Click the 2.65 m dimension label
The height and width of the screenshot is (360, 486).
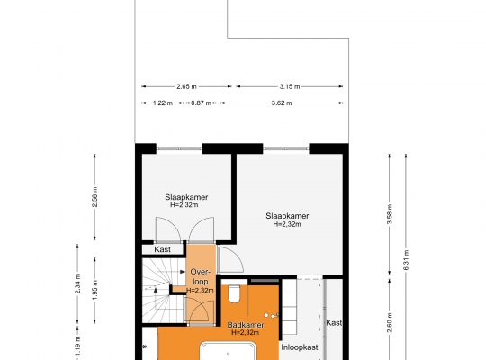pyautogui.click(x=186, y=86)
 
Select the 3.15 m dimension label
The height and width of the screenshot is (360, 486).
pyautogui.click(x=290, y=86)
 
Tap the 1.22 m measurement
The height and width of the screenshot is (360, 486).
pyautogui.click(x=163, y=103)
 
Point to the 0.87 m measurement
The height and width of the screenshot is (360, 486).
pyautogui.click(x=202, y=103)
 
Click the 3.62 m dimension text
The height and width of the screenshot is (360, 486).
pyautogui.click(x=282, y=103)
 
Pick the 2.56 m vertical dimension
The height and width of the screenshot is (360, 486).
pyautogui.click(x=94, y=197)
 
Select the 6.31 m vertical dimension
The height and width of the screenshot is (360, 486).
pyautogui.click(x=406, y=260)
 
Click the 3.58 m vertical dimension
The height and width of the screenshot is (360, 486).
pyautogui.click(x=390, y=214)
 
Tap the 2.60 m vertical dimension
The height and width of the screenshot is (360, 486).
pyautogui.click(x=390, y=322)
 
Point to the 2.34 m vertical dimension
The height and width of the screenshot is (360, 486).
pyautogui.click(x=77, y=283)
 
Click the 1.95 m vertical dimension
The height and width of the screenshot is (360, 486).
pyautogui.click(x=94, y=290)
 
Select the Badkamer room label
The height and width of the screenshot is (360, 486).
pyautogui.click(x=246, y=325)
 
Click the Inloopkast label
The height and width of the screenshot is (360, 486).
pyautogui.click(x=300, y=347)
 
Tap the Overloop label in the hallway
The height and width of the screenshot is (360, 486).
pyautogui.click(x=200, y=277)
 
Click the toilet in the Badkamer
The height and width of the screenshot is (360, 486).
pyautogui.click(x=234, y=294)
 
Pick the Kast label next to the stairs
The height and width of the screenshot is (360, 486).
pyautogui.click(x=162, y=249)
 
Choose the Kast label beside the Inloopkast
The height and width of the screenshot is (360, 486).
pyautogui.click(x=334, y=323)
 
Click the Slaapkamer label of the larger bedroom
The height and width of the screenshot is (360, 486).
pyautogui.click(x=287, y=216)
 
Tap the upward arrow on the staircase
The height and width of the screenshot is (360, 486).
pyautogui.click(x=156, y=290)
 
